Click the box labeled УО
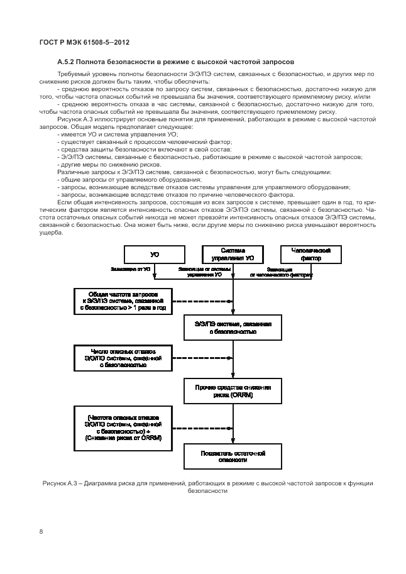pos(154,254)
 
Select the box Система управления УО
pos(233,254)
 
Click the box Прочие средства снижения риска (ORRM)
pos(233,392)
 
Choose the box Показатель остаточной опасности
pos(233,456)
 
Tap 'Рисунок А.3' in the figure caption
pos(60,483)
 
